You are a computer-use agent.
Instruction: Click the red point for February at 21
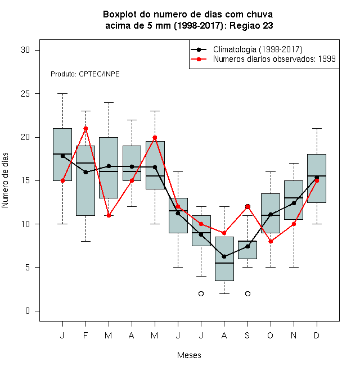click(x=85, y=129)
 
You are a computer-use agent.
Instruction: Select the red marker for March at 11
click(x=109, y=215)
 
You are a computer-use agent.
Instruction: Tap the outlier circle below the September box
click(x=247, y=293)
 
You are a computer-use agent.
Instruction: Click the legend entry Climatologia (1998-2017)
click(x=258, y=49)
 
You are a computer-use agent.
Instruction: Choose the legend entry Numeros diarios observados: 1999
click(x=274, y=59)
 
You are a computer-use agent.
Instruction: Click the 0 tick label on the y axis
click(x=28, y=311)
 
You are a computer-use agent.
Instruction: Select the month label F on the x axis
click(x=85, y=335)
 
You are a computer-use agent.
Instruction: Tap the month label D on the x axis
click(x=317, y=335)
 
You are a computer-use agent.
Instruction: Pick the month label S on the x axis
click(x=247, y=335)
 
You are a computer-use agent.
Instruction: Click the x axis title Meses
click(x=189, y=355)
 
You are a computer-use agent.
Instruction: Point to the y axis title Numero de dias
click(x=5, y=180)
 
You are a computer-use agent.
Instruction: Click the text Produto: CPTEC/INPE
click(x=85, y=74)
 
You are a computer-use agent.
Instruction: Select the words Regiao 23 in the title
click(x=251, y=25)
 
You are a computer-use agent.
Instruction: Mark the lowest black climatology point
click(x=224, y=256)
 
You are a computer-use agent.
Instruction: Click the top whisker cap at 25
click(x=63, y=94)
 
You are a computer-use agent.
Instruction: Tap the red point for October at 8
click(x=271, y=242)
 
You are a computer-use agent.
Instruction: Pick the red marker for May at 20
click(x=155, y=138)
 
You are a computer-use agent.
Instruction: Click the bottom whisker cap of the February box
click(x=85, y=241)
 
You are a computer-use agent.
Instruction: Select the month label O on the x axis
click(x=270, y=335)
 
